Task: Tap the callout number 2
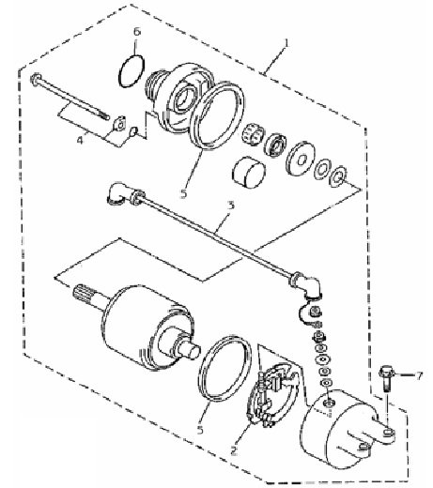point(234,450)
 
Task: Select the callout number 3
point(231,206)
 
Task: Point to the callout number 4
point(81,140)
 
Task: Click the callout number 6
point(137,32)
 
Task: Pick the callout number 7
point(419,375)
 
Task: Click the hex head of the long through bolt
point(36,78)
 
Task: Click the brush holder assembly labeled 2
point(271,395)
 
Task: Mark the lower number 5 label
point(200,429)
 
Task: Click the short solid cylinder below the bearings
point(249,173)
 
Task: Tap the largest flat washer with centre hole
point(302,160)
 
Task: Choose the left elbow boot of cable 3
point(117,193)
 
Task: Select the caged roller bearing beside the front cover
point(254,134)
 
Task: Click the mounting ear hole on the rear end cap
point(389,433)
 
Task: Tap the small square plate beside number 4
point(119,123)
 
